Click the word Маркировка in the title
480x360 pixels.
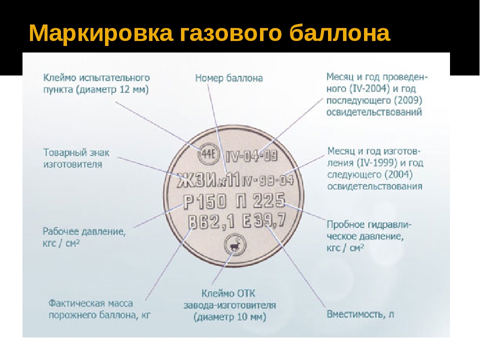[x=101, y=33]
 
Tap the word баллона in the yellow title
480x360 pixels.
[x=339, y=32]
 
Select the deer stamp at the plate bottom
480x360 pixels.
[x=235, y=245]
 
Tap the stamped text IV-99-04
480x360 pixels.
[x=267, y=180]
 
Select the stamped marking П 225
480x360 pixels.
[x=260, y=201]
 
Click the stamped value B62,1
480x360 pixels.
[x=211, y=222]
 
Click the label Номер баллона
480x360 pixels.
[x=229, y=78]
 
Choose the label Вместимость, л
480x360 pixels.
[x=360, y=314]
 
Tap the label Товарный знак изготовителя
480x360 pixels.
[x=76, y=158]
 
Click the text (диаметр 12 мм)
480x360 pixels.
[x=112, y=89]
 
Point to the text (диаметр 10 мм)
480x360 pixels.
[x=229, y=317]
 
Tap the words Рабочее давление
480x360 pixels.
[x=84, y=231]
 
